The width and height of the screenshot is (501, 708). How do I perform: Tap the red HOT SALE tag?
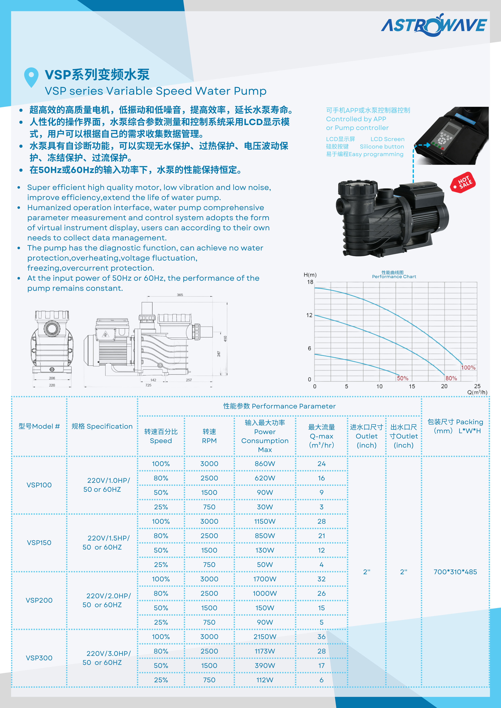click(463, 182)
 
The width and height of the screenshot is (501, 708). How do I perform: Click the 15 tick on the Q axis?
click(412, 386)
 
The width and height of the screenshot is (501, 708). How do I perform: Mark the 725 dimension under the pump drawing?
click(149, 385)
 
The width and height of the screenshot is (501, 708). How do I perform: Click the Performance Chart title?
click(394, 277)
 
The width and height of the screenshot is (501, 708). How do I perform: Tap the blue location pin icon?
click(31, 76)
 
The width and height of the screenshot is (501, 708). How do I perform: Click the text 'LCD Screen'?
click(387, 139)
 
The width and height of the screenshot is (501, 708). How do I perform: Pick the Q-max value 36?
click(321, 637)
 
